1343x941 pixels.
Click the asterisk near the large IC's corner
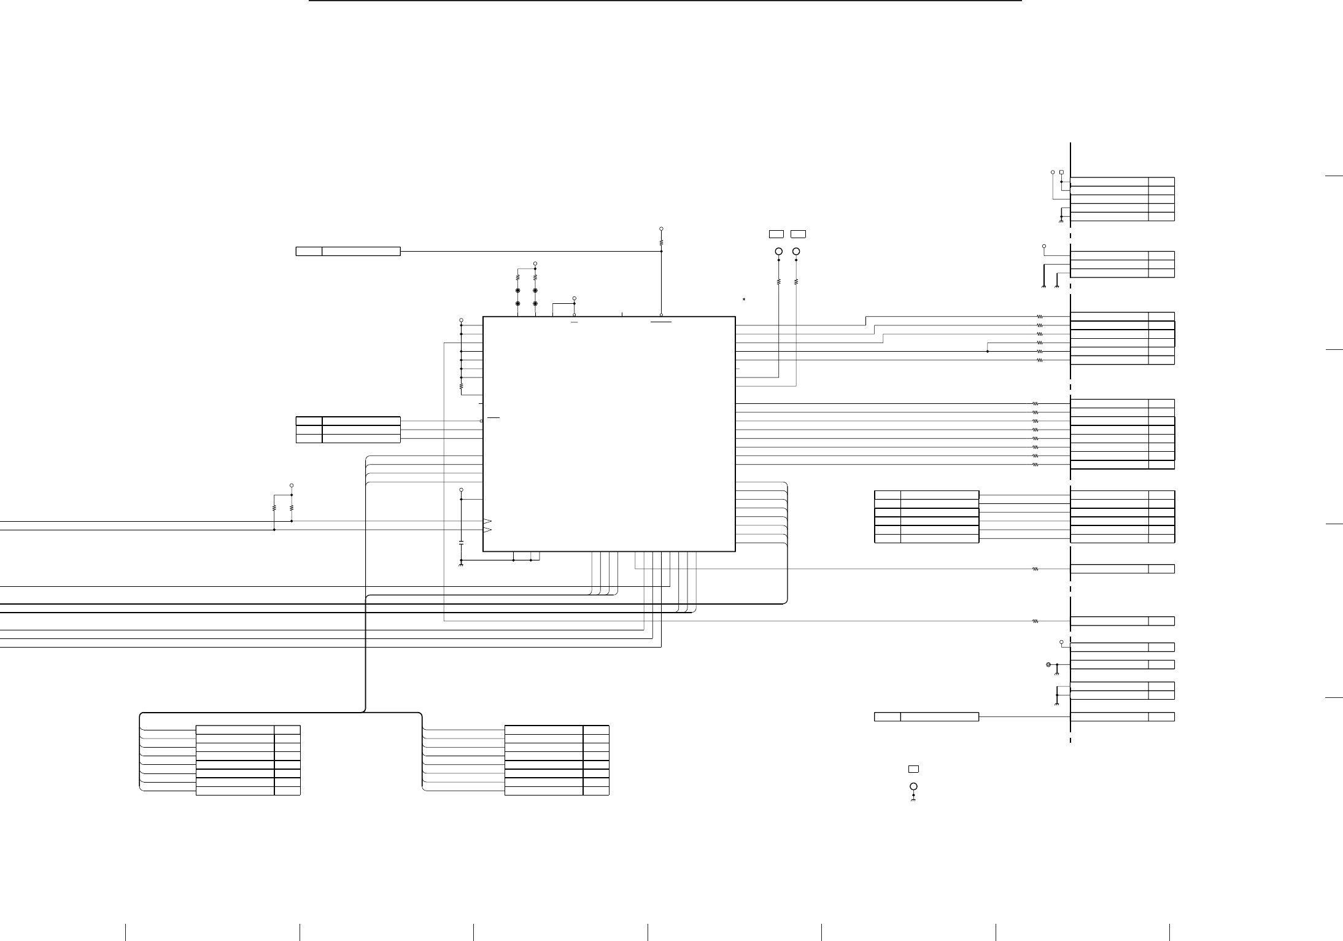click(744, 299)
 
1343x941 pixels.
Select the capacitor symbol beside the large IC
click(461, 543)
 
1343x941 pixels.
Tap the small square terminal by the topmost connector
click(1061, 172)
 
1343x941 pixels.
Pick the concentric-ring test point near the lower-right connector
click(1048, 665)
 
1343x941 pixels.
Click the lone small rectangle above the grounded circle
click(913, 769)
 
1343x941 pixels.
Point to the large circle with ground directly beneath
click(913, 786)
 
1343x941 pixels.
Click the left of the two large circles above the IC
click(779, 252)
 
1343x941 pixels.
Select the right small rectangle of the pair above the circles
click(798, 234)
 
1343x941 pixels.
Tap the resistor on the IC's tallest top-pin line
click(661, 242)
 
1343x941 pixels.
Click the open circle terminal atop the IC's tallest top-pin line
click(661, 228)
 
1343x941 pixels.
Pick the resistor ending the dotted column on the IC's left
click(461, 387)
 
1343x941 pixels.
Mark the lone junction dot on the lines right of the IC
click(988, 352)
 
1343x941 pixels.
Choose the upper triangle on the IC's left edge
click(487, 522)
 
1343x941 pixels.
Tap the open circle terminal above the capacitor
click(461, 490)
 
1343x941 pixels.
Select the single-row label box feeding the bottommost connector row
click(926, 717)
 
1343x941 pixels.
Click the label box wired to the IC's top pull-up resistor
click(348, 251)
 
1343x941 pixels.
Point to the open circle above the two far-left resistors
click(292, 485)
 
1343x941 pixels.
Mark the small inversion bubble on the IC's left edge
click(481, 421)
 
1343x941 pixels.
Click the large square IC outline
click(609, 434)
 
